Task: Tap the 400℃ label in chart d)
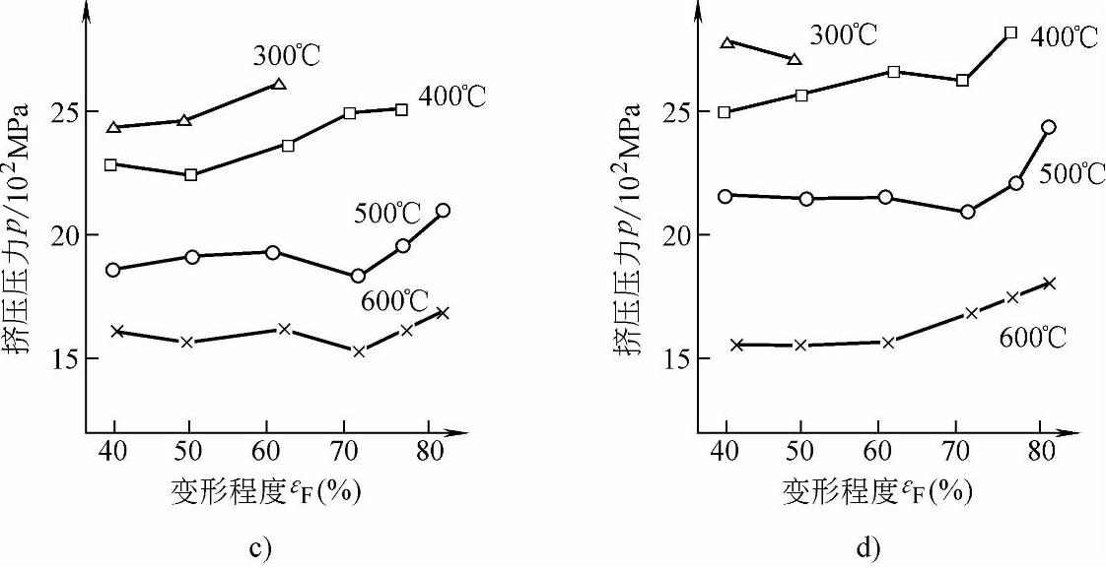point(1065,38)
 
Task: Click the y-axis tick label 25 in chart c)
point(60,111)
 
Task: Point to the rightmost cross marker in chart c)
point(443,313)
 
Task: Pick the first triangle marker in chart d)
point(727,42)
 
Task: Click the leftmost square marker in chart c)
point(111,164)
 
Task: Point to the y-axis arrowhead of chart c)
point(87,12)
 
